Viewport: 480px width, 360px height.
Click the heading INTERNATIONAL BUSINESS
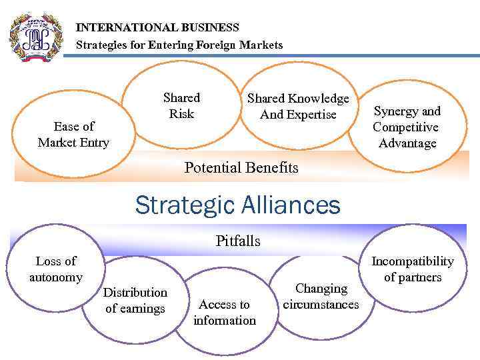[x=157, y=28]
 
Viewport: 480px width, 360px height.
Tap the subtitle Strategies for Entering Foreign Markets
[x=179, y=45]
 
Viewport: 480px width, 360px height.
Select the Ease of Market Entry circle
[x=73, y=134]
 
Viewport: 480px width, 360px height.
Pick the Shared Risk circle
[x=181, y=106]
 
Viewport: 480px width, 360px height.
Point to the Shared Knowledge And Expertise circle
[x=298, y=107]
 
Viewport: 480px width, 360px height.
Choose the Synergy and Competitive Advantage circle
[x=407, y=127]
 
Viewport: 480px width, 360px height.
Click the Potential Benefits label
[x=241, y=167]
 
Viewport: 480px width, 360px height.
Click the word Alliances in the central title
[x=287, y=205]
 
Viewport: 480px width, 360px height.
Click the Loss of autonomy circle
[x=56, y=269]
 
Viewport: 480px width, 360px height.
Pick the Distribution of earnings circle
[x=135, y=300]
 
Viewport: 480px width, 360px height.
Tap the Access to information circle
[x=225, y=312]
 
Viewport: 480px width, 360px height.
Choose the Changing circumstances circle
[x=321, y=297]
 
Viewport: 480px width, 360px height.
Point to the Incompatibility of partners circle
[x=412, y=269]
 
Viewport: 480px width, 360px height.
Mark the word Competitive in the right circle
[x=405, y=127]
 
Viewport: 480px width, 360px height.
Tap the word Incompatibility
[x=412, y=261]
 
